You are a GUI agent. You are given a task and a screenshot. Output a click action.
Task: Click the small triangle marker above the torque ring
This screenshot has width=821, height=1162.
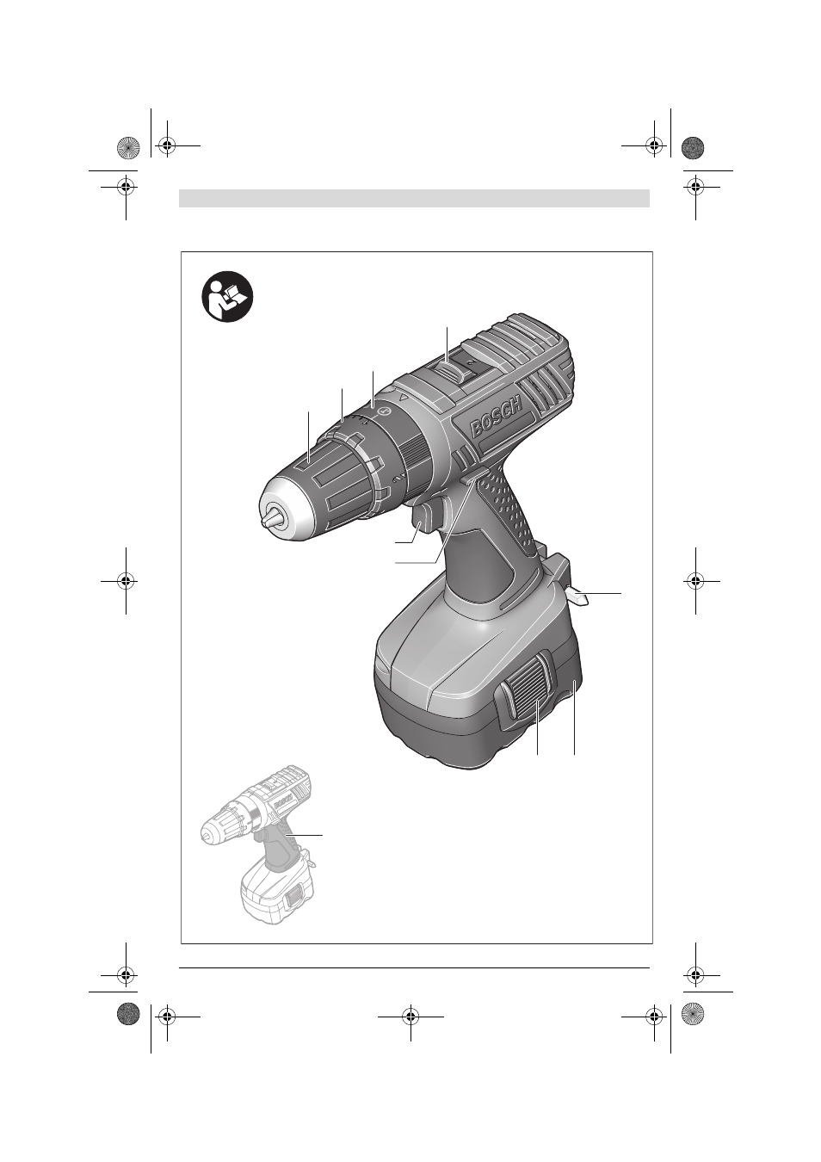404,398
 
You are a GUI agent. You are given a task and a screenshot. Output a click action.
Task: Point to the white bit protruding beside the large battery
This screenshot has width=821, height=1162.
577,596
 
